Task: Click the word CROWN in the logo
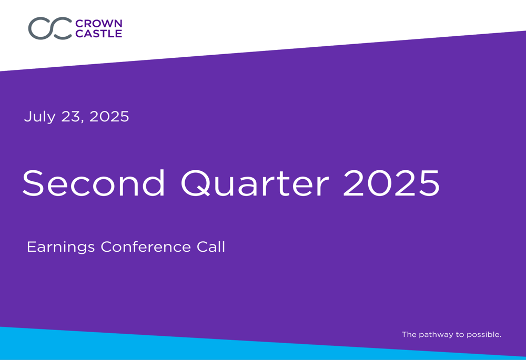click(x=99, y=24)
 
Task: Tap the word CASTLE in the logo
click(x=99, y=34)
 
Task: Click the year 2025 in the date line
click(x=109, y=117)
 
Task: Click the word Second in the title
click(x=94, y=183)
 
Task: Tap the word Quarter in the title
click(x=255, y=184)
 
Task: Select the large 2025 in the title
click(x=391, y=183)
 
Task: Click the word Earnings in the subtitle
click(x=60, y=248)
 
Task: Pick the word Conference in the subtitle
click(x=146, y=246)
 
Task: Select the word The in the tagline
click(x=409, y=334)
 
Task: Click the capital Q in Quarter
click(x=194, y=184)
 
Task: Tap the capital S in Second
click(x=33, y=183)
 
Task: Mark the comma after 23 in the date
click(x=83, y=121)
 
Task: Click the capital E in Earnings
click(x=31, y=246)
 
